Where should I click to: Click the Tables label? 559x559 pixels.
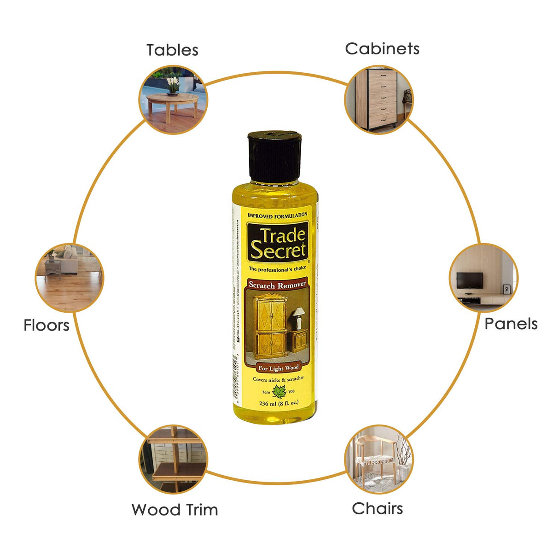pos(172,50)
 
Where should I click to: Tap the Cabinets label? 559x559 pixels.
pos(382,48)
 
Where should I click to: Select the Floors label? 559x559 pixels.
pos(47,325)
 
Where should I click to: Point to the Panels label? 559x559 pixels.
pos(511,324)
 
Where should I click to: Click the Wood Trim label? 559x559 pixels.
pos(175,510)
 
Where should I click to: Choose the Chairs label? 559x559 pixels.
pos(377,508)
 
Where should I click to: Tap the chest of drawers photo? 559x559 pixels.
pos(379,99)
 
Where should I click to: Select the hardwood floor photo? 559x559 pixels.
pos(70,278)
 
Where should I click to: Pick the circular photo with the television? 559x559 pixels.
pos(483,278)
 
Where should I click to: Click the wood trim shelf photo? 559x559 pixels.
pos(173,459)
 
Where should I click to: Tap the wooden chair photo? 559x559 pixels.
pos(379,459)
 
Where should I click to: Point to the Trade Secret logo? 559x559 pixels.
pos(278,243)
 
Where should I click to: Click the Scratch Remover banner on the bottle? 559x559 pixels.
pos(277,285)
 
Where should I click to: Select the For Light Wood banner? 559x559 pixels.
pos(278,368)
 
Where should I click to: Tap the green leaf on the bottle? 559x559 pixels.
pos(279,392)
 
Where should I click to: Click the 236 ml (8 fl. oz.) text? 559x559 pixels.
pos(279,403)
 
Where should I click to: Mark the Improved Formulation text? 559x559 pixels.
pos(277,215)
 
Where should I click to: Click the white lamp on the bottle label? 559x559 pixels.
pos(299,317)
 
